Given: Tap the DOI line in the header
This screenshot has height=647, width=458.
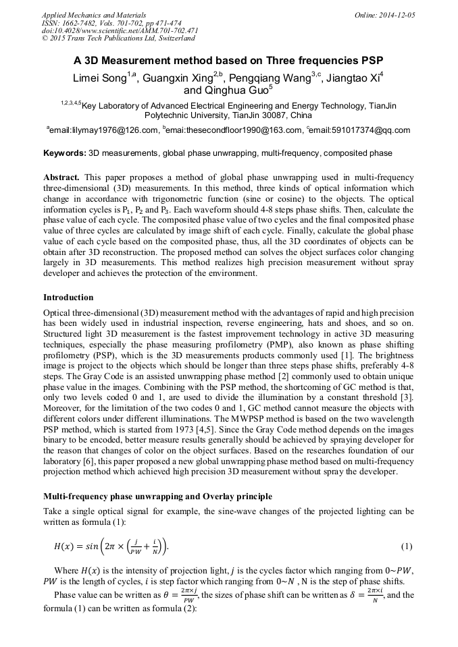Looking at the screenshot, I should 120,31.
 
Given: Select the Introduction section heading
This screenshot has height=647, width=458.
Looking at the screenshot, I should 68,298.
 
